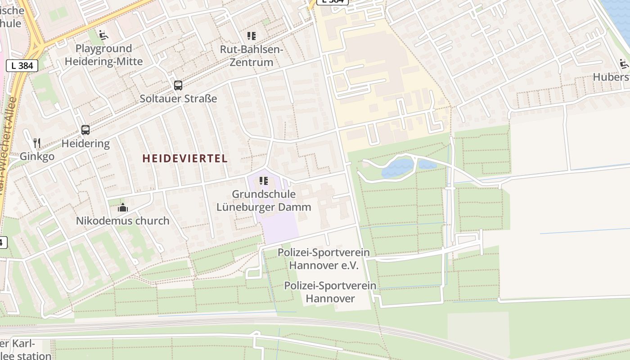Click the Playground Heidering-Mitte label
tap(103, 55)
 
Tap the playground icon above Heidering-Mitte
tap(103, 34)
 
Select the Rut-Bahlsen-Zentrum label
tap(251, 56)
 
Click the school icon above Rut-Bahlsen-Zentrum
tap(251, 36)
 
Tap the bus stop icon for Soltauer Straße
tap(178, 85)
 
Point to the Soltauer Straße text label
tap(178, 99)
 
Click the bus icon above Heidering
tap(85, 130)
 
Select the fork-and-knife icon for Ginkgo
tap(37, 143)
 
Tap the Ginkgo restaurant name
tap(37, 157)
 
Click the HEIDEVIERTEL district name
tap(185, 158)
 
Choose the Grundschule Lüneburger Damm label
tap(264, 201)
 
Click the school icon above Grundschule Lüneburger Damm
tap(264, 181)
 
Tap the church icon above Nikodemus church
tap(122, 207)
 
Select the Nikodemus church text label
tap(122, 221)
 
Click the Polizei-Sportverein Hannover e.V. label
tap(324, 259)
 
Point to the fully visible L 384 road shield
tap(22, 66)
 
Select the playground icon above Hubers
tap(624, 64)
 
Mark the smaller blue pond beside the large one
tap(427, 164)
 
